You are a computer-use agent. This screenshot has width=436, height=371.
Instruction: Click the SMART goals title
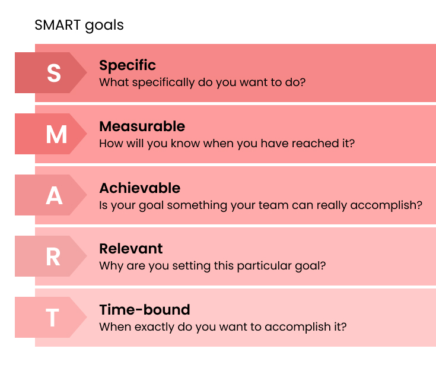79,26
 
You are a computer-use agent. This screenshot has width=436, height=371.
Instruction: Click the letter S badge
51,72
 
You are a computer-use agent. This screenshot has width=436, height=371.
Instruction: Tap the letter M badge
51,134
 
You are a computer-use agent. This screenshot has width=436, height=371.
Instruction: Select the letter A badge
51,195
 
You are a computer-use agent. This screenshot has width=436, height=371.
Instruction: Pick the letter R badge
51,256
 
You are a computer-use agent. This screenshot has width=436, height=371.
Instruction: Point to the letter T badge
51,318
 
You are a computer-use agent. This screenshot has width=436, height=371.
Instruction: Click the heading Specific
128,66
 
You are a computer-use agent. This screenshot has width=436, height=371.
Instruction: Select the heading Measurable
142,126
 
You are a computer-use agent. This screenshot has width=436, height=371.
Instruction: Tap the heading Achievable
140,188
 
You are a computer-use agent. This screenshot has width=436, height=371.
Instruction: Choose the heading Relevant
131,249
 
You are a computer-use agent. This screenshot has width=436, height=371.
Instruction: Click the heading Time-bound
145,310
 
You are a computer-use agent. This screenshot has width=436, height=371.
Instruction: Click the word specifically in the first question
163,83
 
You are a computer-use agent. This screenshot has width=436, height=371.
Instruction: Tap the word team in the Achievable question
269,205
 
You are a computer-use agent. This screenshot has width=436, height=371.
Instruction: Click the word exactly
154,327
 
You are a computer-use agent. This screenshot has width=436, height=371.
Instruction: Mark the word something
197,205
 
